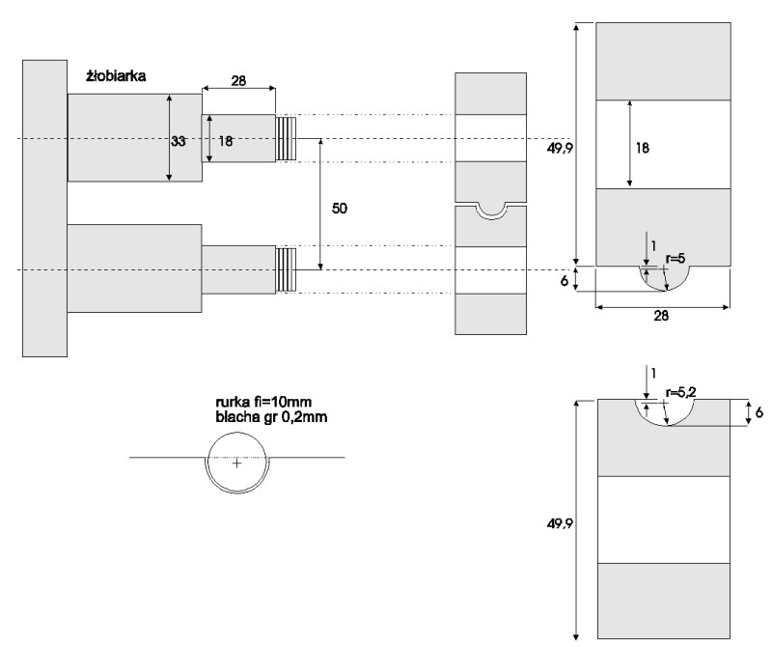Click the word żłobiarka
coord(116,76)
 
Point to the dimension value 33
coord(179,141)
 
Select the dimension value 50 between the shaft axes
coord(340,209)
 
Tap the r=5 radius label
coord(675,258)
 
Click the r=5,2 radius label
coord(680,392)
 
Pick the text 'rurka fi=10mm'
coord(263,402)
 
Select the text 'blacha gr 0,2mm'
coord(271,417)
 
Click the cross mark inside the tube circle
coord(237,464)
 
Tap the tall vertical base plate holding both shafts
coord(44,209)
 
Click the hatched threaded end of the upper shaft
coord(286,138)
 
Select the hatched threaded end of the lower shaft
coord(286,270)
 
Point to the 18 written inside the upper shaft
coord(225,141)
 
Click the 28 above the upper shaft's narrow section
coord(238,80)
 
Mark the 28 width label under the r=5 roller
coord(661,316)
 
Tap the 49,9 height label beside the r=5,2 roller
coord(560,523)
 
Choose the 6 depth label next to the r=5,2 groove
coord(759,412)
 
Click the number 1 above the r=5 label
coord(653,246)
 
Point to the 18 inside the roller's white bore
coord(643,148)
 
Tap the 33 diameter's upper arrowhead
coord(170,98)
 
